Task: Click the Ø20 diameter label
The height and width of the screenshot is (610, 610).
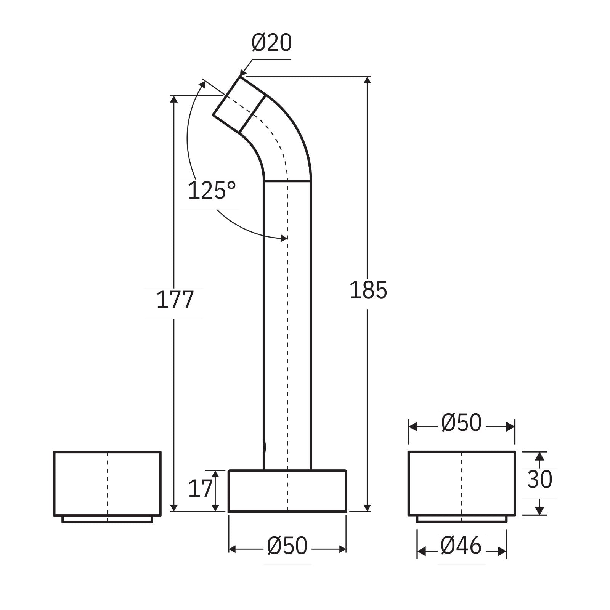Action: click(271, 43)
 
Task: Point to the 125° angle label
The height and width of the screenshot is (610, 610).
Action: click(212, 191)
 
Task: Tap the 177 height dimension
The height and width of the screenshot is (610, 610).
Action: click(175, 299)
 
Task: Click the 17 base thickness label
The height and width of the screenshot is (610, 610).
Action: click(200, 489)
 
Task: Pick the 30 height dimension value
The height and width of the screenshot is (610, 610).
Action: click(539, 479)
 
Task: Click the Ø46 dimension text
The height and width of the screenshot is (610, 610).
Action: click(461, 546)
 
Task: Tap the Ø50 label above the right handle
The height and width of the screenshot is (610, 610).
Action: click(461, 423)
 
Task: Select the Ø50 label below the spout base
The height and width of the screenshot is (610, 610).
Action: click(287, 546)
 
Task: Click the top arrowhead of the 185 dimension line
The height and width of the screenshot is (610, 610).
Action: click(367, 80)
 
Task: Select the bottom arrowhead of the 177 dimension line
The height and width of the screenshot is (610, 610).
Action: click(174, 508)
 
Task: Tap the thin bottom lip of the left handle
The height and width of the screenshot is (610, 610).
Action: click(107, 519)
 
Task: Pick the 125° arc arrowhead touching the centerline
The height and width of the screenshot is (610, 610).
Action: click(284, 238)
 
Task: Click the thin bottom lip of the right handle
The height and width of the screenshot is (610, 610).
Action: click(461, 519)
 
